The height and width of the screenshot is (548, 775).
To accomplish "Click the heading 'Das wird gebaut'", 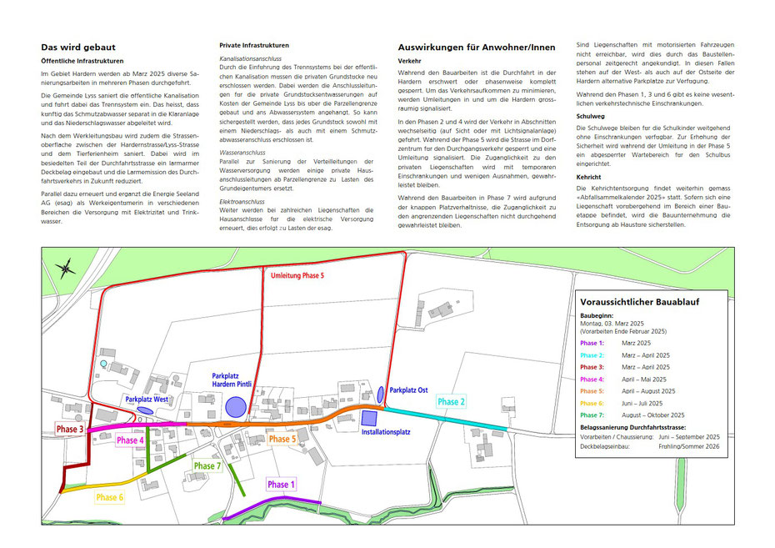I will click(x=78, y=48).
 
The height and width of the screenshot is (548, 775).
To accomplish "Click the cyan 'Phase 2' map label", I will click(x=451, y=401).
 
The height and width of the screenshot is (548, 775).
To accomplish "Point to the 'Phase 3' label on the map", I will click(x=70, y=429).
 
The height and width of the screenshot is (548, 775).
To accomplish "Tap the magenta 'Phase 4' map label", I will click(x=131, y=440).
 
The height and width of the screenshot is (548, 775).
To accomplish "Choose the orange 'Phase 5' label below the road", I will click(x=282, y=439).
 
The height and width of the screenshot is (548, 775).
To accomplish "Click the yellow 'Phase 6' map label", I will click(x=109, y=497).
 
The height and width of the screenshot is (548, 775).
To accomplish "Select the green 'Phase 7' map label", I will click(x=207, y=465).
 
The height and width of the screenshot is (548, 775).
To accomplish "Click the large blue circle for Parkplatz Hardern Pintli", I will click(x=236, y=408).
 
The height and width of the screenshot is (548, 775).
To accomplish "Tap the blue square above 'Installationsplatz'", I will click(x=369, y=417).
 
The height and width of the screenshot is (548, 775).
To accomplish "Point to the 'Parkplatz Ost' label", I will click(x=409, y=390).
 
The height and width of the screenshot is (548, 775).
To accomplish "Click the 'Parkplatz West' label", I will click(x=147, y=400).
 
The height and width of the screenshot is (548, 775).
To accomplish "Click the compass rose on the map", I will click(x=65, y=268).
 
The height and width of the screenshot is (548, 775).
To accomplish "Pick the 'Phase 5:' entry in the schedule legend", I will click(x=592, y=390).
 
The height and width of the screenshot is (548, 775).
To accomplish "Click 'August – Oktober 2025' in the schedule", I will click(x=653, y=415).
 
